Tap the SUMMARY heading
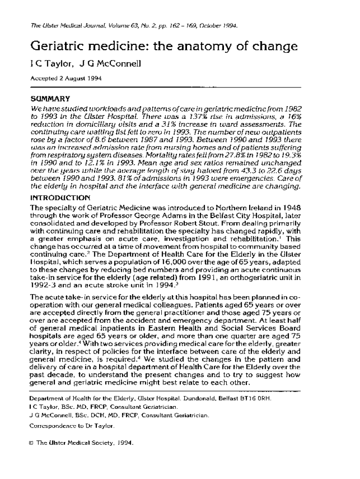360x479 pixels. pos(50,99)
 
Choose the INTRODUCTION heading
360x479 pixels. pos(60,198)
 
